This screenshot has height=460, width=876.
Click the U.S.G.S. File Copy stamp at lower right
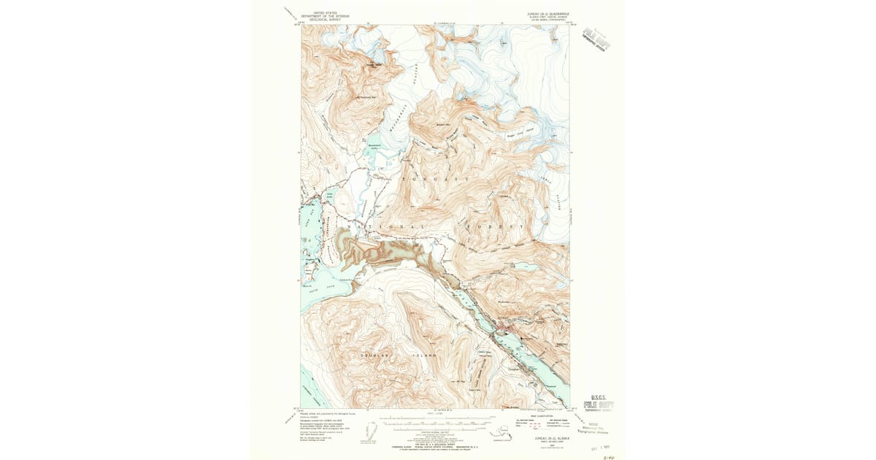(x=599, y=403)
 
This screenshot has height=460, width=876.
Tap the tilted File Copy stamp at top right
(x=600, y=39)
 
